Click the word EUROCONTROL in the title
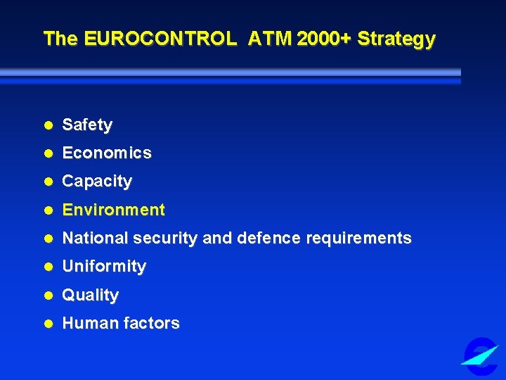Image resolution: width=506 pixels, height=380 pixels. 160,38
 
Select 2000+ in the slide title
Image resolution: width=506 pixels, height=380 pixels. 324,38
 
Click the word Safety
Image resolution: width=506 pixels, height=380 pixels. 87,125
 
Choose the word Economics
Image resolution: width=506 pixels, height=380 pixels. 107,153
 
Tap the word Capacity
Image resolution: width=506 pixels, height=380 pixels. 97,181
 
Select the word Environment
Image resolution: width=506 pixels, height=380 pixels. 114,210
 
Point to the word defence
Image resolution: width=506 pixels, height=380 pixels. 268,238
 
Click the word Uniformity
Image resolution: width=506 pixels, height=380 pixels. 104,266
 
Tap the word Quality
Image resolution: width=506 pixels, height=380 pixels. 91,295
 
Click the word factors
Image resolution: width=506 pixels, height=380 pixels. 151,323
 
